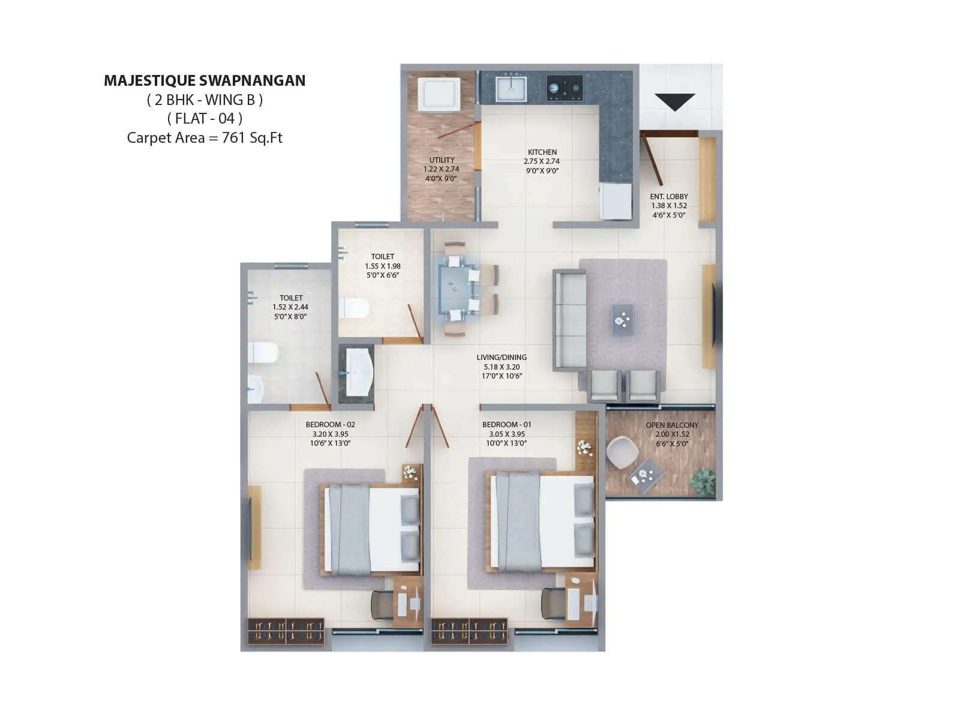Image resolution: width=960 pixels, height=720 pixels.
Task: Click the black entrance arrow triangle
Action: [674, 101]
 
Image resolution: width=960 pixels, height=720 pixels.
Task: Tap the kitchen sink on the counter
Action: [511, 88]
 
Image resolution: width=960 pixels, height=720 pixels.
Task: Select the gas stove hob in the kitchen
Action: [564, 88]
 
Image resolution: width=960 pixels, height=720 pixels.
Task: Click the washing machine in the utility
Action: [439, 94]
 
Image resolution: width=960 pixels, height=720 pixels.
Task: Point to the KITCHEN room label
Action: [542, 152]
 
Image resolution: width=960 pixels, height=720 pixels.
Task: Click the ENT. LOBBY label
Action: [669, 197]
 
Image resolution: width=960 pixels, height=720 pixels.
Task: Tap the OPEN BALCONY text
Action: [672, 425]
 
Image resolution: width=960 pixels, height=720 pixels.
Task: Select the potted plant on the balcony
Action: [703, 481]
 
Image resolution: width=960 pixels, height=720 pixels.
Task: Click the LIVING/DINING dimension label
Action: [502, 367]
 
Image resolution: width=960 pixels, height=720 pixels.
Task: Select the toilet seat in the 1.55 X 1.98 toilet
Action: [354, 308]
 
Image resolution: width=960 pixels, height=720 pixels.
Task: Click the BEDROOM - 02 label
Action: [330, 424]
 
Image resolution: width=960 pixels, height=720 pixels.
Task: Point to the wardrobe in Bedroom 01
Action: [469, 631]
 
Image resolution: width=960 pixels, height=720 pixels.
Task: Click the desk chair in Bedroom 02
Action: [382, 604]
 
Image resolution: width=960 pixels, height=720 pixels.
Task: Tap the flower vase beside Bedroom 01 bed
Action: [584, 448]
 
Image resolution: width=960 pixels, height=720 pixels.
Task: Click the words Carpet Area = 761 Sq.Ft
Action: [205, 137]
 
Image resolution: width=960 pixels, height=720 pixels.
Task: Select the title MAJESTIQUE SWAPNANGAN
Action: [205, 80]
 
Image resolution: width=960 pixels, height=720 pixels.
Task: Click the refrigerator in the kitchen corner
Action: [616, 202]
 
